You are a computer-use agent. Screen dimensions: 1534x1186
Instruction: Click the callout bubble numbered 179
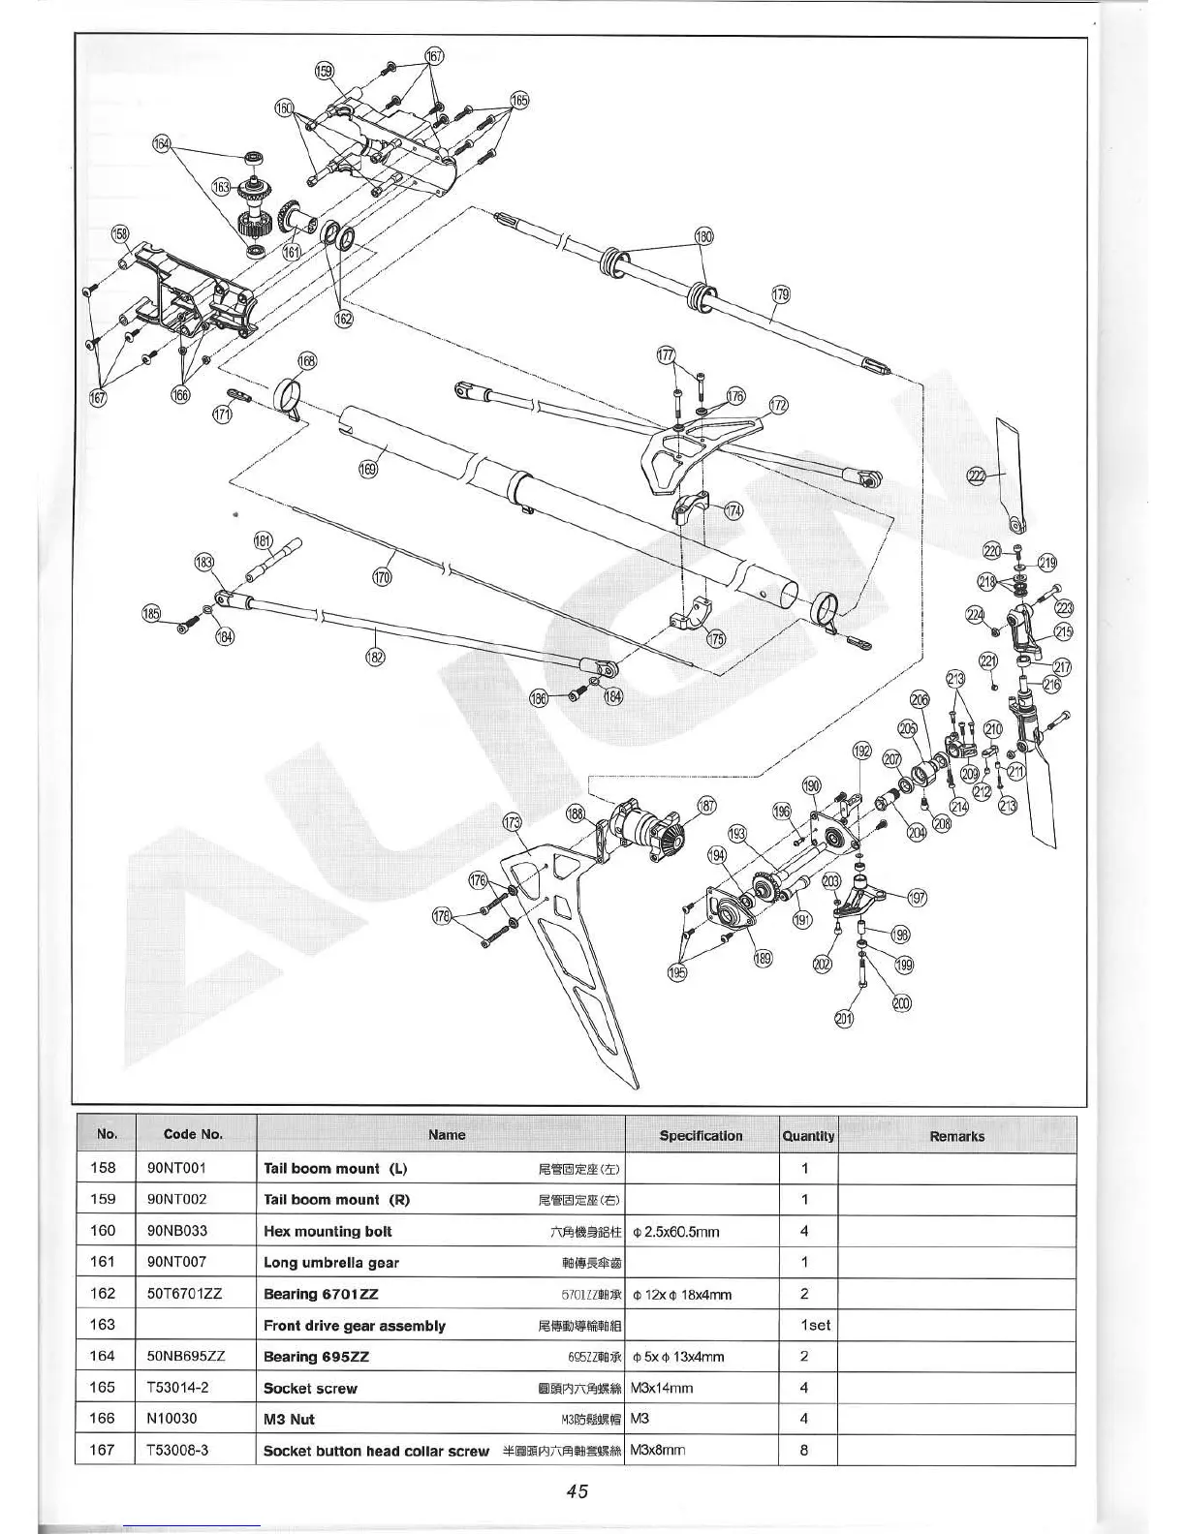click(x=780, y=294)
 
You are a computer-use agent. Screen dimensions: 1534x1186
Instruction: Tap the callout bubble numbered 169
click(x=367, y=470)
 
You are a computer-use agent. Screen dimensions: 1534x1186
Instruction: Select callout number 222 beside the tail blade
click(x=976, y=475)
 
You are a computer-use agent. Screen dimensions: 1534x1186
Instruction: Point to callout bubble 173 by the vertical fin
click(x=512, y=823)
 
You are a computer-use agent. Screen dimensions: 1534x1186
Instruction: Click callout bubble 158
click(x=120, y=233)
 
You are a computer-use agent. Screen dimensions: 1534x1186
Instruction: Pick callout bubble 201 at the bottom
click(x=845, y=1018)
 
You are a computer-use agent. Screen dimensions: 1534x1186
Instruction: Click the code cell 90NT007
click(x=176, y=1262)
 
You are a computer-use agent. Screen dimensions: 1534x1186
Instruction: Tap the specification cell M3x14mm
click(x=662, y=1388)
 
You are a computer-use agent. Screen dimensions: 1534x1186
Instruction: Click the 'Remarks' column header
click(x=956, y=1136)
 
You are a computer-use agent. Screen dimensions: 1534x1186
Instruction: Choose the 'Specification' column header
click(x=701, y=1136)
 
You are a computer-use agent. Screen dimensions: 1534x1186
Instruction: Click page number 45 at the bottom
click(x=577, y=1490)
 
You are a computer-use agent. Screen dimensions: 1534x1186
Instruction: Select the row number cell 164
click(x=103, y=1356)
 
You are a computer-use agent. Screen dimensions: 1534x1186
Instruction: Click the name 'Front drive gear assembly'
click(x=355, y=1326)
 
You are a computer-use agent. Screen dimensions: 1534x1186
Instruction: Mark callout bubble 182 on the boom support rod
click(x=375, y=658)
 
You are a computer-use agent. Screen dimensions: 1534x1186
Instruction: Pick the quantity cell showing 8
click(x=804, y=1450)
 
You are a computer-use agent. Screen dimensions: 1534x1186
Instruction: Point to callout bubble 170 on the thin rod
click(x=383, y=578)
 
